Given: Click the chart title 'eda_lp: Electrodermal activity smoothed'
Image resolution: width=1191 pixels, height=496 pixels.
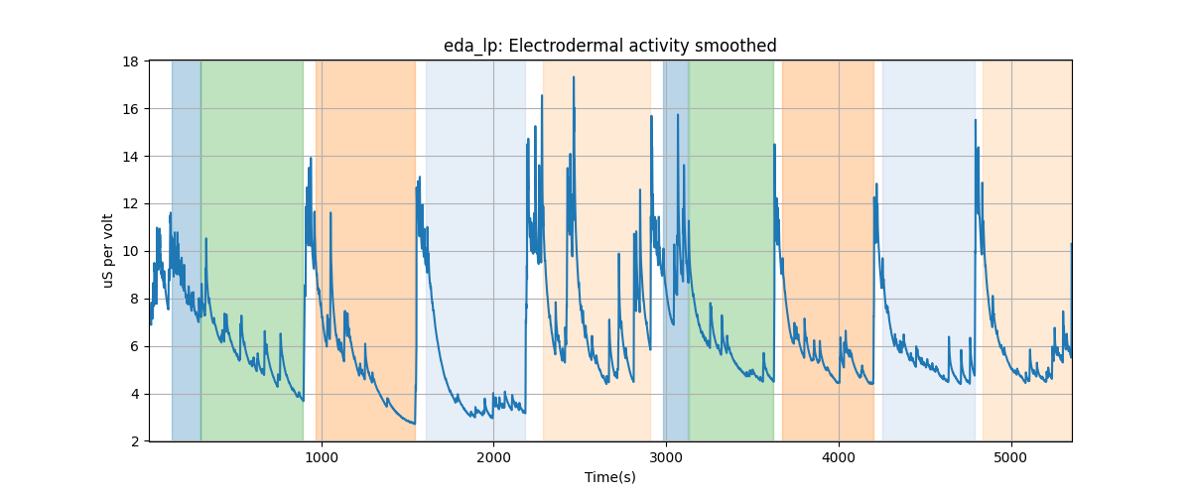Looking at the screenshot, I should [x=609, y=46].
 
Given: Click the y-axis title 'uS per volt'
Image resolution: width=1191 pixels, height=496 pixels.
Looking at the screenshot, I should [x=108, y=251].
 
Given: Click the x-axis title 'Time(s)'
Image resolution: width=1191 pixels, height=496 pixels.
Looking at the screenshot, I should [x=609, y=477].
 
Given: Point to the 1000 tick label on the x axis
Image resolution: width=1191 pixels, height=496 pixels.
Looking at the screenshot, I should [x=322, y=457].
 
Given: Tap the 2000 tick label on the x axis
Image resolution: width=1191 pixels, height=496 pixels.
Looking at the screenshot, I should [x=493, y=457].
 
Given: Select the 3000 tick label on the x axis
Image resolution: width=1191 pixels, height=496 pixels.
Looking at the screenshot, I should [x=666, y=457].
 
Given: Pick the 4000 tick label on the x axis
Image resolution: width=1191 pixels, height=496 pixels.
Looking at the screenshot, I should [x=839, y=457].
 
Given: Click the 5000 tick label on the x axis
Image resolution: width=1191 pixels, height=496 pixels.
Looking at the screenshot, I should [x=1011, y=457].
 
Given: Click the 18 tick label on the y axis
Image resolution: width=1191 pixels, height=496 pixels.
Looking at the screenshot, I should [x=130, y=62].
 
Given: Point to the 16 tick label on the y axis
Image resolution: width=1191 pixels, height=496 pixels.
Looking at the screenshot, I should [x=130, y=109].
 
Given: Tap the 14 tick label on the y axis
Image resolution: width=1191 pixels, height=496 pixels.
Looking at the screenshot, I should [x=130, y=157].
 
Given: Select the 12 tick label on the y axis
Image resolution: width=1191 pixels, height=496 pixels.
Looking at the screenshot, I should [x=130, y=204].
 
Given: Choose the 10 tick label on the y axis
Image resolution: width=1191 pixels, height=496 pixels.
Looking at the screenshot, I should [x=130, y=252].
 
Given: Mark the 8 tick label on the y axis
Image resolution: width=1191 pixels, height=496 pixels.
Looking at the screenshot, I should [x=134, y=300].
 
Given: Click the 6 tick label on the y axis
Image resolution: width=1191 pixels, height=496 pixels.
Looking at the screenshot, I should [x=134, y=347].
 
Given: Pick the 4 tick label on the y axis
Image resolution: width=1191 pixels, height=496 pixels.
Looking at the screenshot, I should [x=134, y=395].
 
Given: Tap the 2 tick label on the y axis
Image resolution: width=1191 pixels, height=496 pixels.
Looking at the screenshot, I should [x=134, y=441].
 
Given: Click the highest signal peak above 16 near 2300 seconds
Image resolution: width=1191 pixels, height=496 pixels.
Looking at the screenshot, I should [x=542, y=96].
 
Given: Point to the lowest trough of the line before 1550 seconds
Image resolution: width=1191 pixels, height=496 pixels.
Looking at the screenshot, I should [x=414, y=424].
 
